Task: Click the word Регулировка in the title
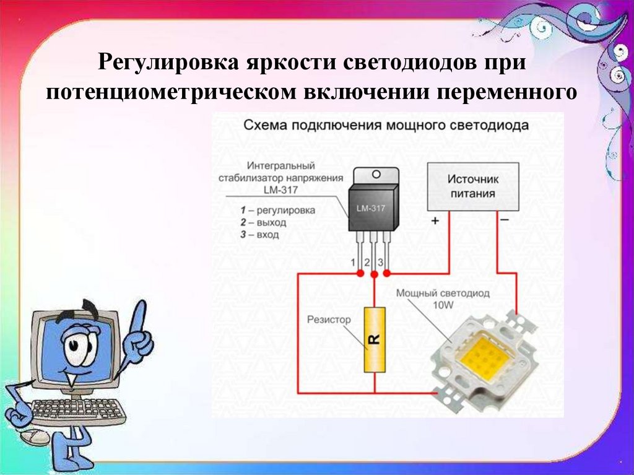(x=168, y=63)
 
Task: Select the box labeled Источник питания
(x=473, y=186)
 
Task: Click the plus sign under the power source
(x=435, y=220)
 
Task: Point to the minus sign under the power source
(x=505, y=220)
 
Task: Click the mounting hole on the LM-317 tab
(x=376, y=175)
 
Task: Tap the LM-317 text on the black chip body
(x=371, y=208)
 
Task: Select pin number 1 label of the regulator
(x=353, y=262)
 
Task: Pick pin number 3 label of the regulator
(x=381, y=262)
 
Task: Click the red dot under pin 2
(x=374, y=274)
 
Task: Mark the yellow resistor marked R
(x=375, y=339)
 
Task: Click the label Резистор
(x=329, y=320)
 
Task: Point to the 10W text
(x=443, y=305)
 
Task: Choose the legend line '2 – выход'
(x=263, y=222)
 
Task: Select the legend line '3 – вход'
(x=259, y=234)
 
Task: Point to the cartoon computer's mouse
(x=35, y=438)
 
